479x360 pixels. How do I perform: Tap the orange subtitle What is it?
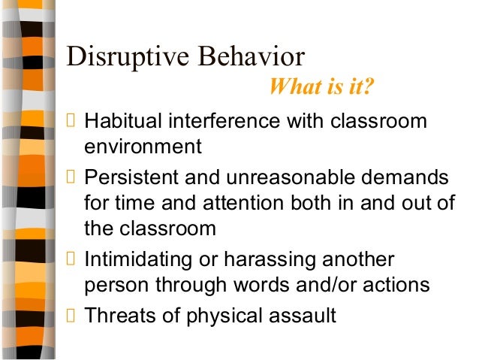321,89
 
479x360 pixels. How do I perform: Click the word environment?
143,147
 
